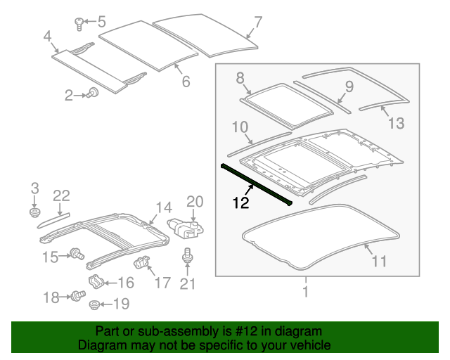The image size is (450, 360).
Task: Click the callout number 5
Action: point(101,22)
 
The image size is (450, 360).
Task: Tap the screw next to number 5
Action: point(79,24)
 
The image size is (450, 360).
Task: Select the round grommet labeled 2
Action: point(91,94)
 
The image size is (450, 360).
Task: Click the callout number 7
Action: point(258,22)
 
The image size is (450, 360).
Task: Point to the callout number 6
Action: point(186,82)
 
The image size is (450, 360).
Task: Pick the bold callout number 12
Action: point(241,204)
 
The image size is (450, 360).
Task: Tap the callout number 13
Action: point(396,124)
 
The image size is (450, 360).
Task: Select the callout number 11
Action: point(379,262)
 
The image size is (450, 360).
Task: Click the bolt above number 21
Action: point(187,256)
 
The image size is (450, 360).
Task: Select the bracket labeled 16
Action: point(96,283)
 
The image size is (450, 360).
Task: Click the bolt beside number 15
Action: point(77,254)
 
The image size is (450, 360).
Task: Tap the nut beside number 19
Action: point(94,304)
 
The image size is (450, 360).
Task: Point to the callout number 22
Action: point(61,195)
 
